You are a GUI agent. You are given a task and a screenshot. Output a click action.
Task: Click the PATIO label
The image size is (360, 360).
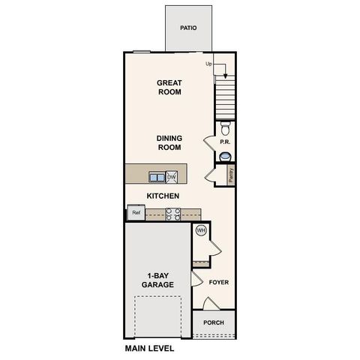click(x=188, y=28)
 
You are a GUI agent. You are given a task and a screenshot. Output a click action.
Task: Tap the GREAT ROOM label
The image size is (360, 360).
click(x=169, y=87)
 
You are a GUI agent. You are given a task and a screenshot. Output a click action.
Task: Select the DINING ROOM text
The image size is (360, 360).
click(x=169, y=142)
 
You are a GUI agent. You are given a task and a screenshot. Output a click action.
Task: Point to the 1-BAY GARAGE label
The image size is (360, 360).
click(x=158, y=280)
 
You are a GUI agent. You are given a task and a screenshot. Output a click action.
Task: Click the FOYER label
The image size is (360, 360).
click(x=218, y=283)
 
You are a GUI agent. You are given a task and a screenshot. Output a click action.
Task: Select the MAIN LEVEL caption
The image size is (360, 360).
click(x=149, y=349)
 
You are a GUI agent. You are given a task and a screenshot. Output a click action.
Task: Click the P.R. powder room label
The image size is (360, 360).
click(x=224, y=142)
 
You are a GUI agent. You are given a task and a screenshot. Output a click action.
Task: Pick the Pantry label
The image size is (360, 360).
click(x=230, y=175)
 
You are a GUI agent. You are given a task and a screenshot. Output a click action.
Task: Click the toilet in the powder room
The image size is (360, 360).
click(x=225, y=126)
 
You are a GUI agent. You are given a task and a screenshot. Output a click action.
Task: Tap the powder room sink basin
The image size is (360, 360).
click(x=225, y=156)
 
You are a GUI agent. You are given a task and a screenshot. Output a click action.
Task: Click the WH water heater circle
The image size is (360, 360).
click(x=200, y=231)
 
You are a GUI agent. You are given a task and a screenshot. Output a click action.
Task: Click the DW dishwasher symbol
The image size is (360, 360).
click(x=172, y=177)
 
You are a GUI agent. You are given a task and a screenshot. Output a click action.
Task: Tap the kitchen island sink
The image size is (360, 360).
click(x=157, y=177)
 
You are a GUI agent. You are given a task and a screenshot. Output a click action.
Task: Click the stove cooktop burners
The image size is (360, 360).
click(x=172, y=214)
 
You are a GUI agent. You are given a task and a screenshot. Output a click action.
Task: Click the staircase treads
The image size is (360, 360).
click(x=225, y=97)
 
